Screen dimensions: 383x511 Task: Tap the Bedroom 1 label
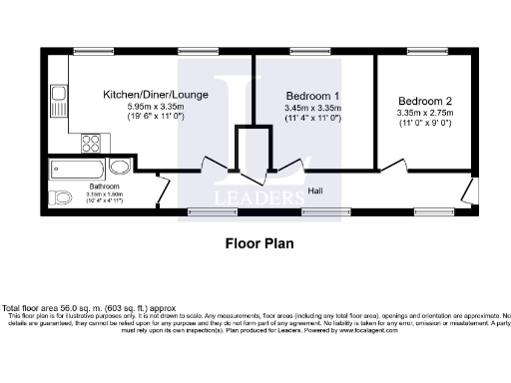click(x=312, y=94)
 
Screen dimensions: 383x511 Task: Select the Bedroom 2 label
click(x=425, y=101)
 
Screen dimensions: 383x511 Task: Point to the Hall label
click(x=315, y=191)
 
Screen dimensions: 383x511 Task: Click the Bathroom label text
click(x=105, y=186)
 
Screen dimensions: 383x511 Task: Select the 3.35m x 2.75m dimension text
click(x=425, y=114)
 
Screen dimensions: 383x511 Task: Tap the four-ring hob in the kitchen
click(x=90, y=142)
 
